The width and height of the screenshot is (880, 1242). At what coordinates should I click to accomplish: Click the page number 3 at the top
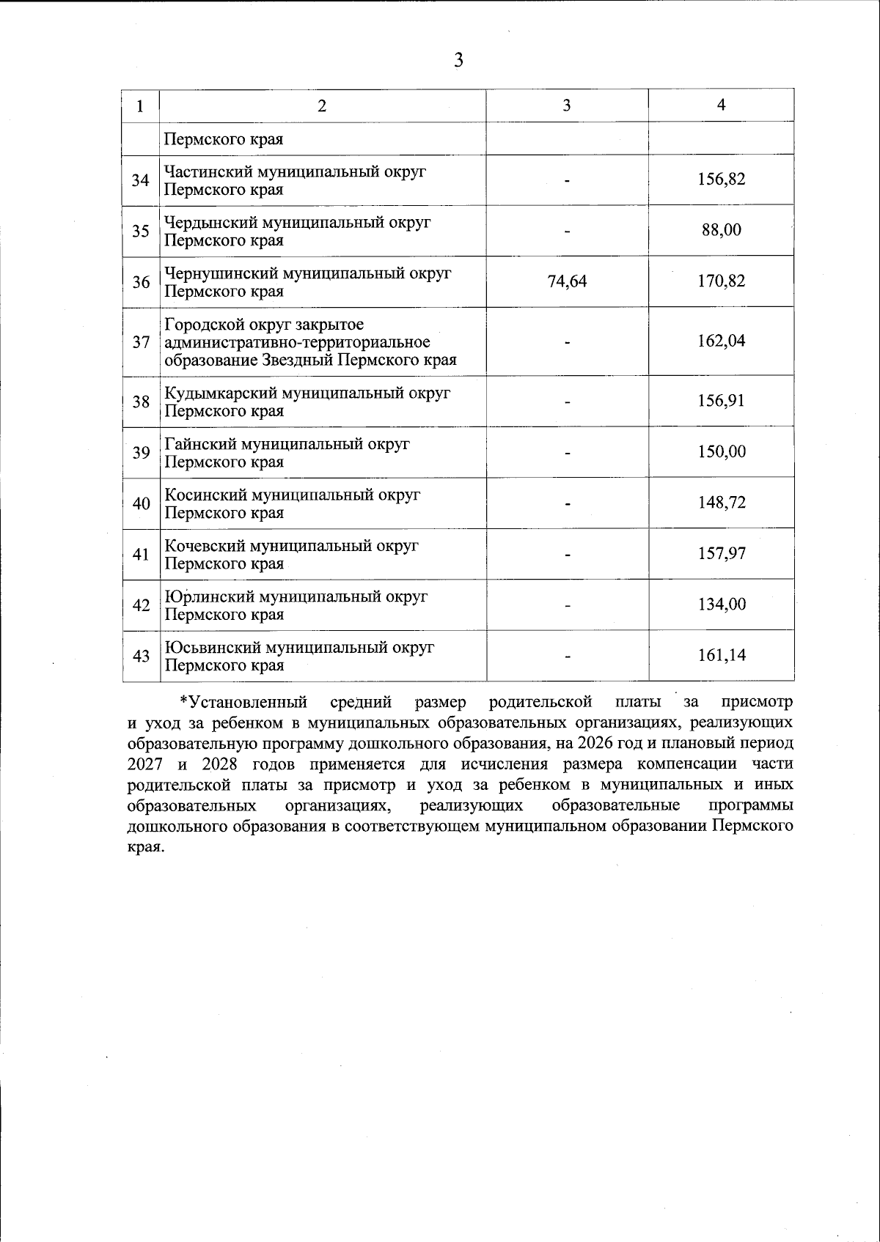(458, 60)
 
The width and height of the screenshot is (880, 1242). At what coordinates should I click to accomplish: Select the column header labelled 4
(721, 105)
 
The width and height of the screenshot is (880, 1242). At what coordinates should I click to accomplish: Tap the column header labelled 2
(322, 105)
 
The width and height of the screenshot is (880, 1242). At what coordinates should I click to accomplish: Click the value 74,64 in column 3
(567, 281)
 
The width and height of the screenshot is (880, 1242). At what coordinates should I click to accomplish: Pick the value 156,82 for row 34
(721, 179)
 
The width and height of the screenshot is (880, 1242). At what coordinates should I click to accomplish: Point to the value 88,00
(721, 230)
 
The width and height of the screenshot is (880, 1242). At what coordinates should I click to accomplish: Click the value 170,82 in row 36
(721, 281)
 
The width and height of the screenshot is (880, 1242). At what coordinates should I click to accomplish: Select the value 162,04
(721, 341)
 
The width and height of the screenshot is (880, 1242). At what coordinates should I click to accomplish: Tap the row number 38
(141, 402)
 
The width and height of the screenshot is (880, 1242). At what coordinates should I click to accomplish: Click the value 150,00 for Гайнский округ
(721, 451)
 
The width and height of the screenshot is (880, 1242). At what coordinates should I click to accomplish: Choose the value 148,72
(721, 503)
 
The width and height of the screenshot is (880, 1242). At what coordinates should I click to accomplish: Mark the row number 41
(141, 555)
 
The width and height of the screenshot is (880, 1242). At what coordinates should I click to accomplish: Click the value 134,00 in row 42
(721, 605)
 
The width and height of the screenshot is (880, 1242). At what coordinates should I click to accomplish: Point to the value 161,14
(721, 655)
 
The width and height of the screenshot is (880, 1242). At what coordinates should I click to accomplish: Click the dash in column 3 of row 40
(567, 503)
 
